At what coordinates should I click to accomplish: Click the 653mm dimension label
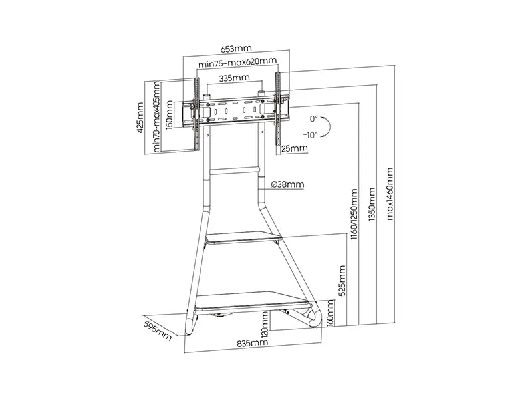237,48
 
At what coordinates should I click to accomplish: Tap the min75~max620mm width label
237,63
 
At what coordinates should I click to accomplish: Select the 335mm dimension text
235,78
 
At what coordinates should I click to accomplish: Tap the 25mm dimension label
294,148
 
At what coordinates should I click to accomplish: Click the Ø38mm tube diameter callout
288,184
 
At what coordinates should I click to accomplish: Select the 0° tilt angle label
313,119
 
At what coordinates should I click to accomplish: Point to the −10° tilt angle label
311,135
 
